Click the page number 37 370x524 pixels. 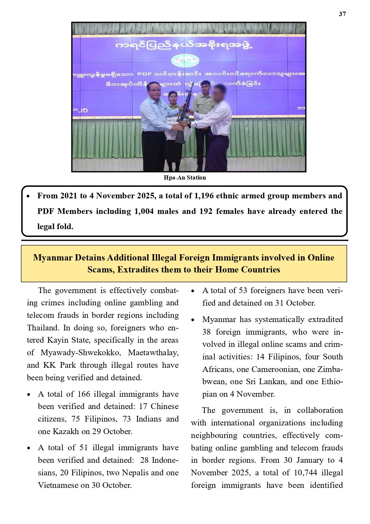pos(342,14)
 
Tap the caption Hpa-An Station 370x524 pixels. pos(185,178)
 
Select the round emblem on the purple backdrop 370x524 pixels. pos(185,61)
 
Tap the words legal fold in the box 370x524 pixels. pos(55,227)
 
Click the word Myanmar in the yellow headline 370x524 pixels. pos(53,258)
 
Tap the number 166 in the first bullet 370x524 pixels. pos(84,394)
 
